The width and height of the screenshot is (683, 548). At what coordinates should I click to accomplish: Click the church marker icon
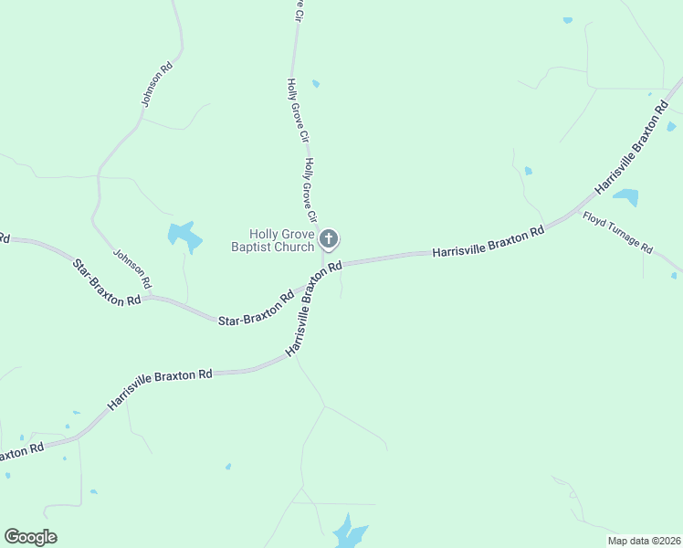(x=330, y=239)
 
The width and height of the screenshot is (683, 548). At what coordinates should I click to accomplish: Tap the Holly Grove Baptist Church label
(x=272, y=240)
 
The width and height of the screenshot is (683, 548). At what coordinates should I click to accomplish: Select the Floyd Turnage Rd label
(x=619, y=234)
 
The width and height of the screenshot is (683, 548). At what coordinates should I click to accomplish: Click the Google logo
(x=30, y=536)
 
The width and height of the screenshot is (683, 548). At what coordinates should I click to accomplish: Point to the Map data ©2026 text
(x=644, y=541)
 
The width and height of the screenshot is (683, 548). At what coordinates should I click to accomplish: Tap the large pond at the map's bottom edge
(x=349, y=532)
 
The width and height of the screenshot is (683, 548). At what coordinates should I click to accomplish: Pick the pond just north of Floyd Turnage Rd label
(x=626, y=196)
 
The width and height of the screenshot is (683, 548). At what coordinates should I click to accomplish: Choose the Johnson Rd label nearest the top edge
(x=153, y=85)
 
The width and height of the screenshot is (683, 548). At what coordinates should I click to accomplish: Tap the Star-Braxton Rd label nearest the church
(x=256, y=309)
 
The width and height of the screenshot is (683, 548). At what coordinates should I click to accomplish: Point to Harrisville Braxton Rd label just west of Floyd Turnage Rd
(x=488, y=242)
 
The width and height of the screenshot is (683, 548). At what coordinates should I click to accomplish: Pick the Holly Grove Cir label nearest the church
(x=310, y=191)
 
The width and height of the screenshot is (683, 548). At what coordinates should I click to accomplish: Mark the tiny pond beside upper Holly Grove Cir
(x=316, y=84)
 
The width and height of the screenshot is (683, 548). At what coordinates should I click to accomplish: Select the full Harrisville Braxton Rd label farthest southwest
(x=160, y=388)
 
